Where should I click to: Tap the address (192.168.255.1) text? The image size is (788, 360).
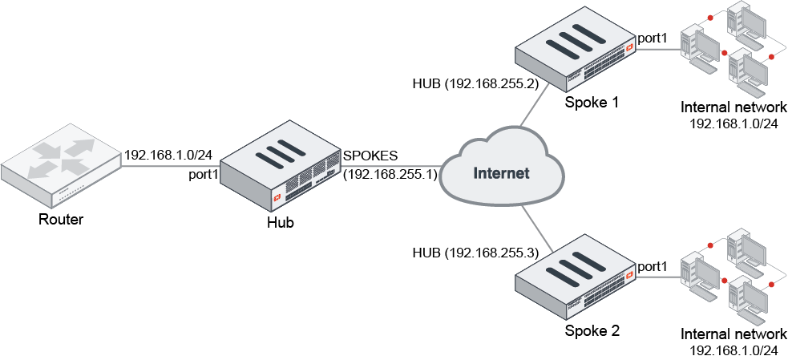[390, 174]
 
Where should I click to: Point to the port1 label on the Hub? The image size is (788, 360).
[204, 175]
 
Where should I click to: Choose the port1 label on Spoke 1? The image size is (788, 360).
[652, 38]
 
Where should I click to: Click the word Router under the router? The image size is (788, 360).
[61, 219]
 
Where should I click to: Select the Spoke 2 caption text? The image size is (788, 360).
[592, 330]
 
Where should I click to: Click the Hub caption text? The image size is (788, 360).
[280, 222]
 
